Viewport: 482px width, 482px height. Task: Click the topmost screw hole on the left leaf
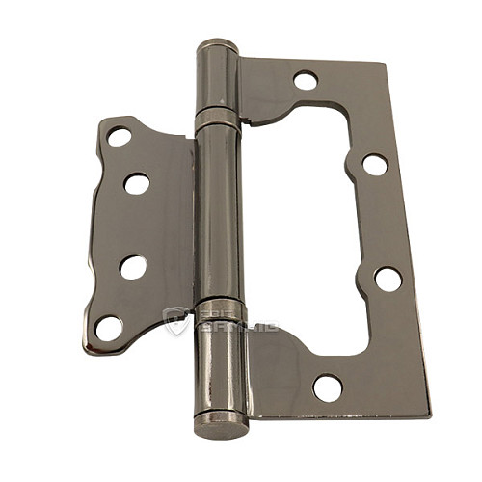pos(120,136)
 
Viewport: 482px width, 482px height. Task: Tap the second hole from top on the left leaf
pos(137,183)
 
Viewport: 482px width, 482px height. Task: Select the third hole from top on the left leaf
pos(133,267)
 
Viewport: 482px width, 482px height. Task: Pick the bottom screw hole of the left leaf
pos(109,328)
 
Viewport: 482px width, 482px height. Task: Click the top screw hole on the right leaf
pos(306,81)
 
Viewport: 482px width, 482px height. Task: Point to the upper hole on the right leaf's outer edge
pos(374,165)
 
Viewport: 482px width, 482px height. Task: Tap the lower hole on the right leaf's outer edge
pos(388,279)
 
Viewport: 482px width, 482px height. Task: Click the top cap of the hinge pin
pos(218,45)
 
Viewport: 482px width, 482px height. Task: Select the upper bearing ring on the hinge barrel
pos(217,120)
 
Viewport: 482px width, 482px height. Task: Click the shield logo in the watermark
pos(175,321)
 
